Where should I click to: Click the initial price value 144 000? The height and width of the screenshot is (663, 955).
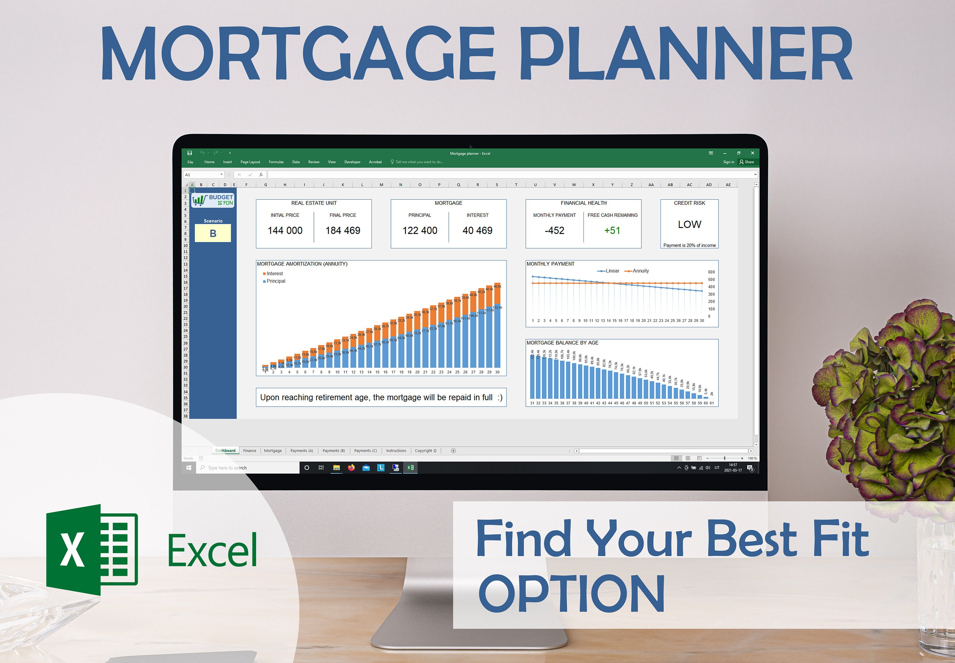[285, 231]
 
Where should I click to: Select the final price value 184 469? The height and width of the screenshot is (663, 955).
[343, 231]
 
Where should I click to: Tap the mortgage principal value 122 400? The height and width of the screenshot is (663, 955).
[420, 231]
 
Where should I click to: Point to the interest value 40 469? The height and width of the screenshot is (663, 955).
[478, 231]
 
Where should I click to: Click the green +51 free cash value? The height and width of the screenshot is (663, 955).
[612, 231]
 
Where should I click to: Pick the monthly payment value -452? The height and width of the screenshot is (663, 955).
[554, 231]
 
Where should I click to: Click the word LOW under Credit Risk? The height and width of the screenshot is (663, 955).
[689, 224]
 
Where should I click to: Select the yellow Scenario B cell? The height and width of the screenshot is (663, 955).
[213, 233]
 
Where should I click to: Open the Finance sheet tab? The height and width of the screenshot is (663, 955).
[250, 451]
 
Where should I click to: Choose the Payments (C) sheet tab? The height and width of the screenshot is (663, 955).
[365, 451]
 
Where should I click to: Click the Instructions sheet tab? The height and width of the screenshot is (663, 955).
[396, 451]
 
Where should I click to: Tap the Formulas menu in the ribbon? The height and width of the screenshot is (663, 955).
[276, 162]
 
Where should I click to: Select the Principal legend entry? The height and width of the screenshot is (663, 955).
[276, 281]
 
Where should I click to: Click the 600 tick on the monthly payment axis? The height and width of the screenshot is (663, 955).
[711, 272]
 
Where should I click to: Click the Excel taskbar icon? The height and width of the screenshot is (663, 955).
[410, 468]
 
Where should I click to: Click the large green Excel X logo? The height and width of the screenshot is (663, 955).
[92, 550]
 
